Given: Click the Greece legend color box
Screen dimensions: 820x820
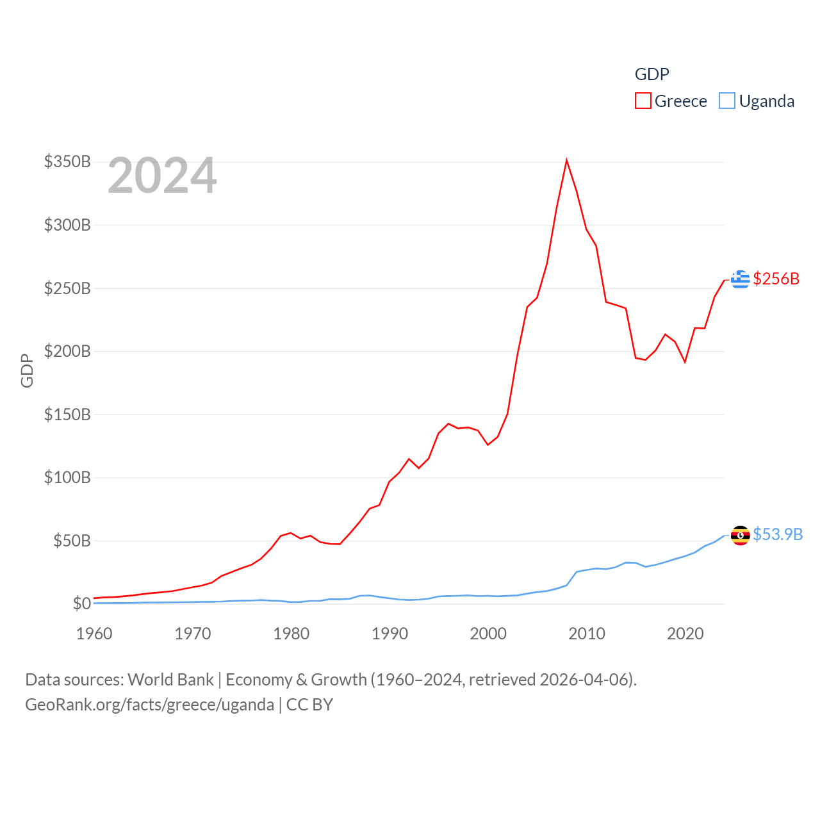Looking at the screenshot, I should (x=643, y=101).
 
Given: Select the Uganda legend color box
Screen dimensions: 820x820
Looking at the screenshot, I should (x=726, y=101).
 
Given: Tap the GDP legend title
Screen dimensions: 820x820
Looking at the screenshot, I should (x=652, y=74).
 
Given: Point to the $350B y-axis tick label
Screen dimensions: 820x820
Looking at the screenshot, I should (x=67, y=161).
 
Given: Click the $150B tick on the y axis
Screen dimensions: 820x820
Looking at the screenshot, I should (x=67, y=414).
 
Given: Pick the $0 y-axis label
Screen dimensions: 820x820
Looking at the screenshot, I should (x=82, y=603).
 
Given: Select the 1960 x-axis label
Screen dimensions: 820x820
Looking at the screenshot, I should (x=94, y=634).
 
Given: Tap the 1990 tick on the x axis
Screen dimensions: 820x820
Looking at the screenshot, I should (x=389, y=634).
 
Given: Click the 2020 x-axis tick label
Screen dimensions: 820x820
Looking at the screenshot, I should (x=685, y=634).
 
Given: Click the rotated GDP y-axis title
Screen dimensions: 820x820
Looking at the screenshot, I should (x=27, y=370).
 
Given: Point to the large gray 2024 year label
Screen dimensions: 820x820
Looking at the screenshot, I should (x=162, y=176).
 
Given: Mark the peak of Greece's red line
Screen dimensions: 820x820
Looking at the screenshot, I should (x=566, y=160).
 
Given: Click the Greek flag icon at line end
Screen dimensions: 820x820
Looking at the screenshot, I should (x=740, y=279).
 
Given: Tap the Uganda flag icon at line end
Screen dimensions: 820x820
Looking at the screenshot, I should (x=740, y=535).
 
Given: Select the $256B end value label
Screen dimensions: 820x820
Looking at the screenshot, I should (x=776, y=279).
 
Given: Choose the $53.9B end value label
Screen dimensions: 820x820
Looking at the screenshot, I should (x=777, y=534).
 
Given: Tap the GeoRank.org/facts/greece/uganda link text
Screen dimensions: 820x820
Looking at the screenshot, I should (x=149, y=705).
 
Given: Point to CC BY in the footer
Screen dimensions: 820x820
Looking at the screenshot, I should (x=309, y=705).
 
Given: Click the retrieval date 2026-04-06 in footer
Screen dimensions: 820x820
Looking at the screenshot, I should (x=586, y=679).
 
